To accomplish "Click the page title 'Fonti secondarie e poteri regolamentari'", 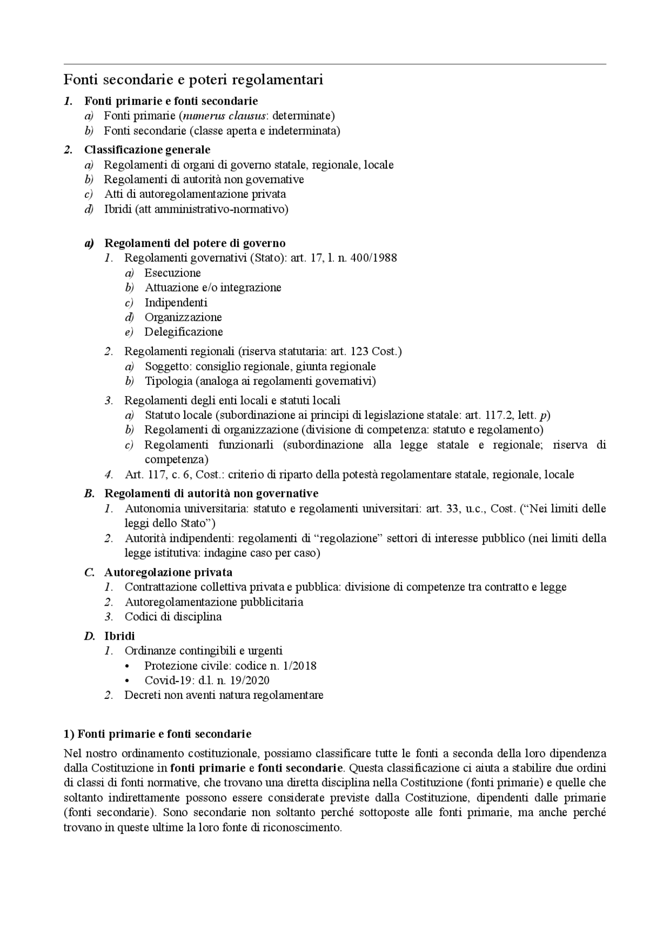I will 193,80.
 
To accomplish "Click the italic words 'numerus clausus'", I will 222,116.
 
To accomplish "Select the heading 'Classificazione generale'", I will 147,150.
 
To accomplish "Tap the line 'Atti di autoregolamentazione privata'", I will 195,194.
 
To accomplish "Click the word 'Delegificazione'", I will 184,332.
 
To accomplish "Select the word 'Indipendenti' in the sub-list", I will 176,303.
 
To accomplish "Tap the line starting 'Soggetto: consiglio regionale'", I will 260,366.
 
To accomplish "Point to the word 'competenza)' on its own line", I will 176,460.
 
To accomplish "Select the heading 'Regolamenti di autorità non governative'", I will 211,494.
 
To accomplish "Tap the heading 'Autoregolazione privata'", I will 168,572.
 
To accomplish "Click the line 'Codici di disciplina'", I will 173,617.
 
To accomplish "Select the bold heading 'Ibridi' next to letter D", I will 119,636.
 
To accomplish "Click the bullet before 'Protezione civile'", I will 128,666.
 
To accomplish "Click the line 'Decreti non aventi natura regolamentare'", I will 224,695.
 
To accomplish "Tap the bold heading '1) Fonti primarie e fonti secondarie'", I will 158,734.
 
